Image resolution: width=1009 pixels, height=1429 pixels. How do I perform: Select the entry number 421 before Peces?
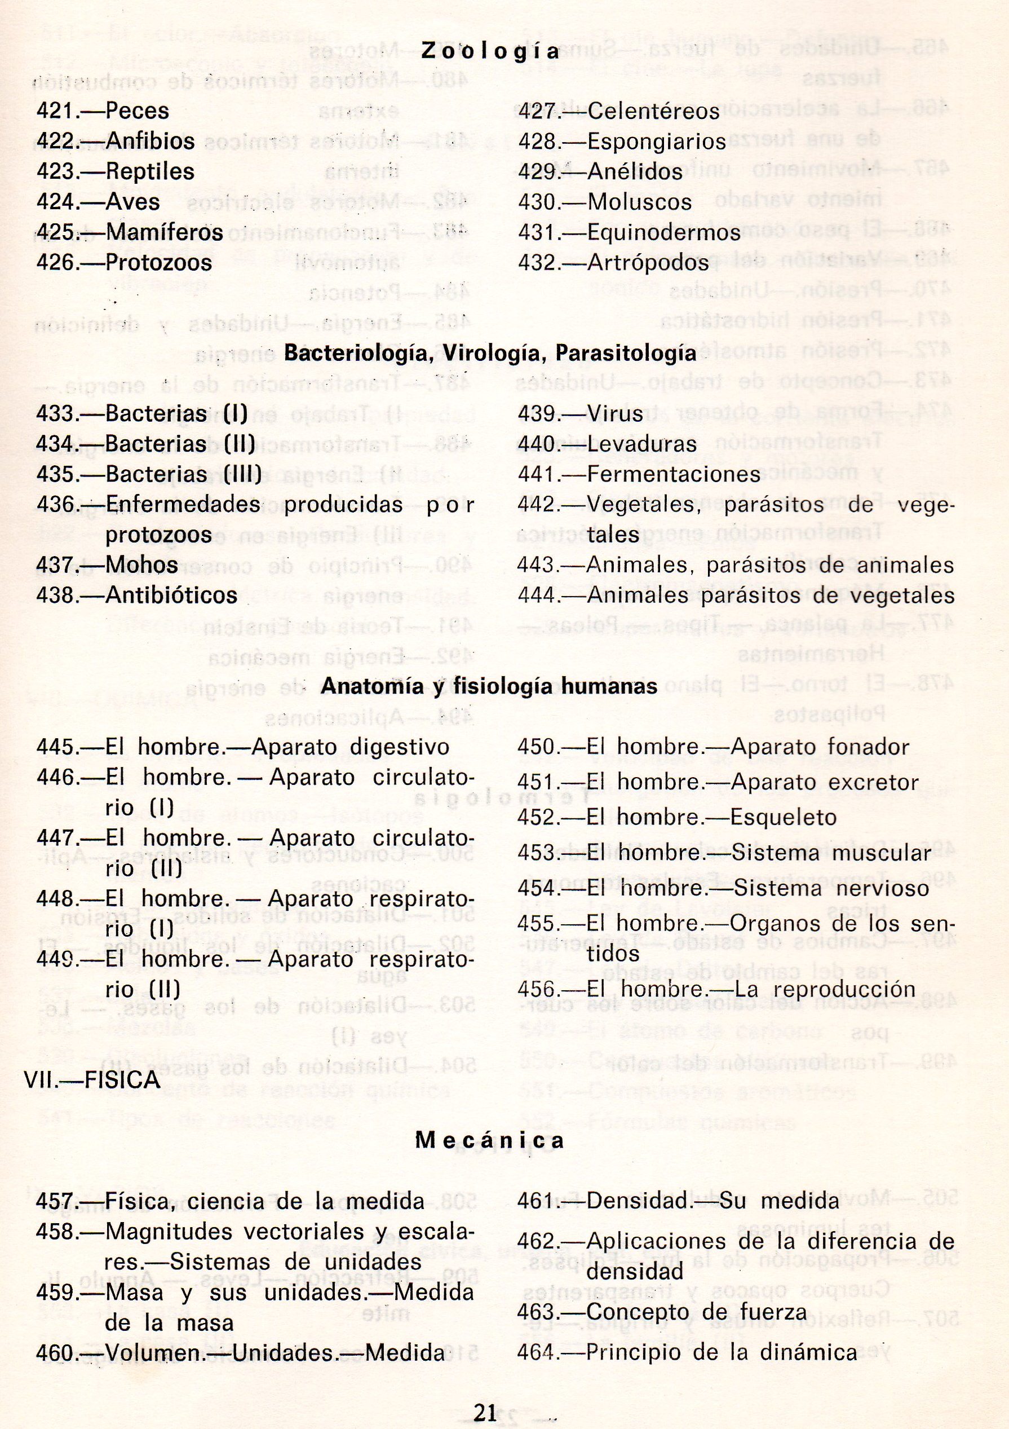tap(56, 112)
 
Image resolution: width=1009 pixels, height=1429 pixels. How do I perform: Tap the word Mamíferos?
tap(164, 233)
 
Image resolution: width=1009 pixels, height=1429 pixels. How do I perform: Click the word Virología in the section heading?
tap(492, 353)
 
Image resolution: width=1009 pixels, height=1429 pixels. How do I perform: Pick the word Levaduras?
tap(641, 444)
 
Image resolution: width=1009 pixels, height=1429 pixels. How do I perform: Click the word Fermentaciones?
tap(674, 474)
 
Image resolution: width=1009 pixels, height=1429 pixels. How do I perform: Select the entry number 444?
tap(536, 596)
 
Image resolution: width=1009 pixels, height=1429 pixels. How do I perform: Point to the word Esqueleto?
tap(785, 817)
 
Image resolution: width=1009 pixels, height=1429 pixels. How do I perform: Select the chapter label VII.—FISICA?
tap(92, 1080)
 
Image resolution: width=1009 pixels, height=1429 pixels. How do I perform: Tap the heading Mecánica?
tap(490, 1141)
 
